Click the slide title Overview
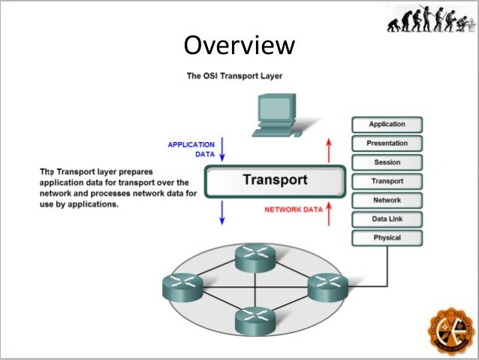pyautogui.click(x=239, y=46)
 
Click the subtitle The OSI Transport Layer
pyautogui.click(x=234, y=76)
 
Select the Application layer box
pyautogui.click(x=387, y=124)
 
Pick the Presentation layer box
pyautogui.click(x=387, y=143)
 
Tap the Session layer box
pyautogui.click(x=387, y=162)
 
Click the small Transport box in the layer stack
pyautogui.click(x=387, y=181)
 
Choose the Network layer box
pyautogui.click(x=387, y=201)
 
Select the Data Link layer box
pyautogui.click(x=387, y=219)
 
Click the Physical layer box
pyautogui.click(x=387, y=238)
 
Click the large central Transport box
pyautogui.click(x=275, y=180)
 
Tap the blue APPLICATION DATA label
pyautogui.click(x=191, y=149)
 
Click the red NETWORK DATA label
pyautogui.click(x=294, y=210)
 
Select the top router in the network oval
pyautogui.click(x=256, y=258)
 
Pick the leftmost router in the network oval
pyautogui.click(x=182, y=286)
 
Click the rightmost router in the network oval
pyautogui.click(x=328, y=286)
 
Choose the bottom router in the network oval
pyautogui.click(x=256, y=320)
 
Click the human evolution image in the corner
pyautogui.click(x=430, y=19)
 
